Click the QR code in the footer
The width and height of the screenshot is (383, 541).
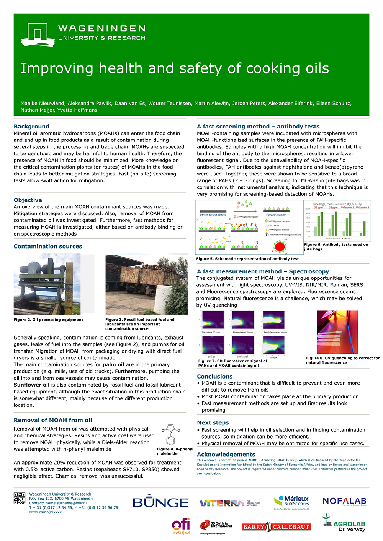[x=20, y=498]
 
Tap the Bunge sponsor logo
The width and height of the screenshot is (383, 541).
[x=160, y=502]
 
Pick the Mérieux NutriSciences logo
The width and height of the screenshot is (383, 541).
[x=291, y=502]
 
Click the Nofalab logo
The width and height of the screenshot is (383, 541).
[x=344, y=501]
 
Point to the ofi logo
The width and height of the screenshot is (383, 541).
[x=181, y=526]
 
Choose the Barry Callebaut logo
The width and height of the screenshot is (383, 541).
[x=276, y=527]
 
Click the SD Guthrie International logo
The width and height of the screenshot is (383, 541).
[x=216, y=526]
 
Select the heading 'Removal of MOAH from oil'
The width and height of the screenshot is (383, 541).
[x=53, y=420]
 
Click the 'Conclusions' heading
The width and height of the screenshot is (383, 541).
[x=215, y=376]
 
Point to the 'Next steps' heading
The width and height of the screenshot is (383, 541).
[x=213, y=422]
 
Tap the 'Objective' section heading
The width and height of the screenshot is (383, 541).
[x=28, y=200]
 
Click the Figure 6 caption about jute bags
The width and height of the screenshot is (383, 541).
[x=336, y=247]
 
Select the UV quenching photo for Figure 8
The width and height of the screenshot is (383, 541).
[x=337, y=332]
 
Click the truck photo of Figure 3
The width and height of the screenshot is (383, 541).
[x=146, y=284]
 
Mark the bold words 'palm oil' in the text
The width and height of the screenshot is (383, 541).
[x=113, y=364]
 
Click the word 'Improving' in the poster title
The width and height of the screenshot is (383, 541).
[x=57, y=68]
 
